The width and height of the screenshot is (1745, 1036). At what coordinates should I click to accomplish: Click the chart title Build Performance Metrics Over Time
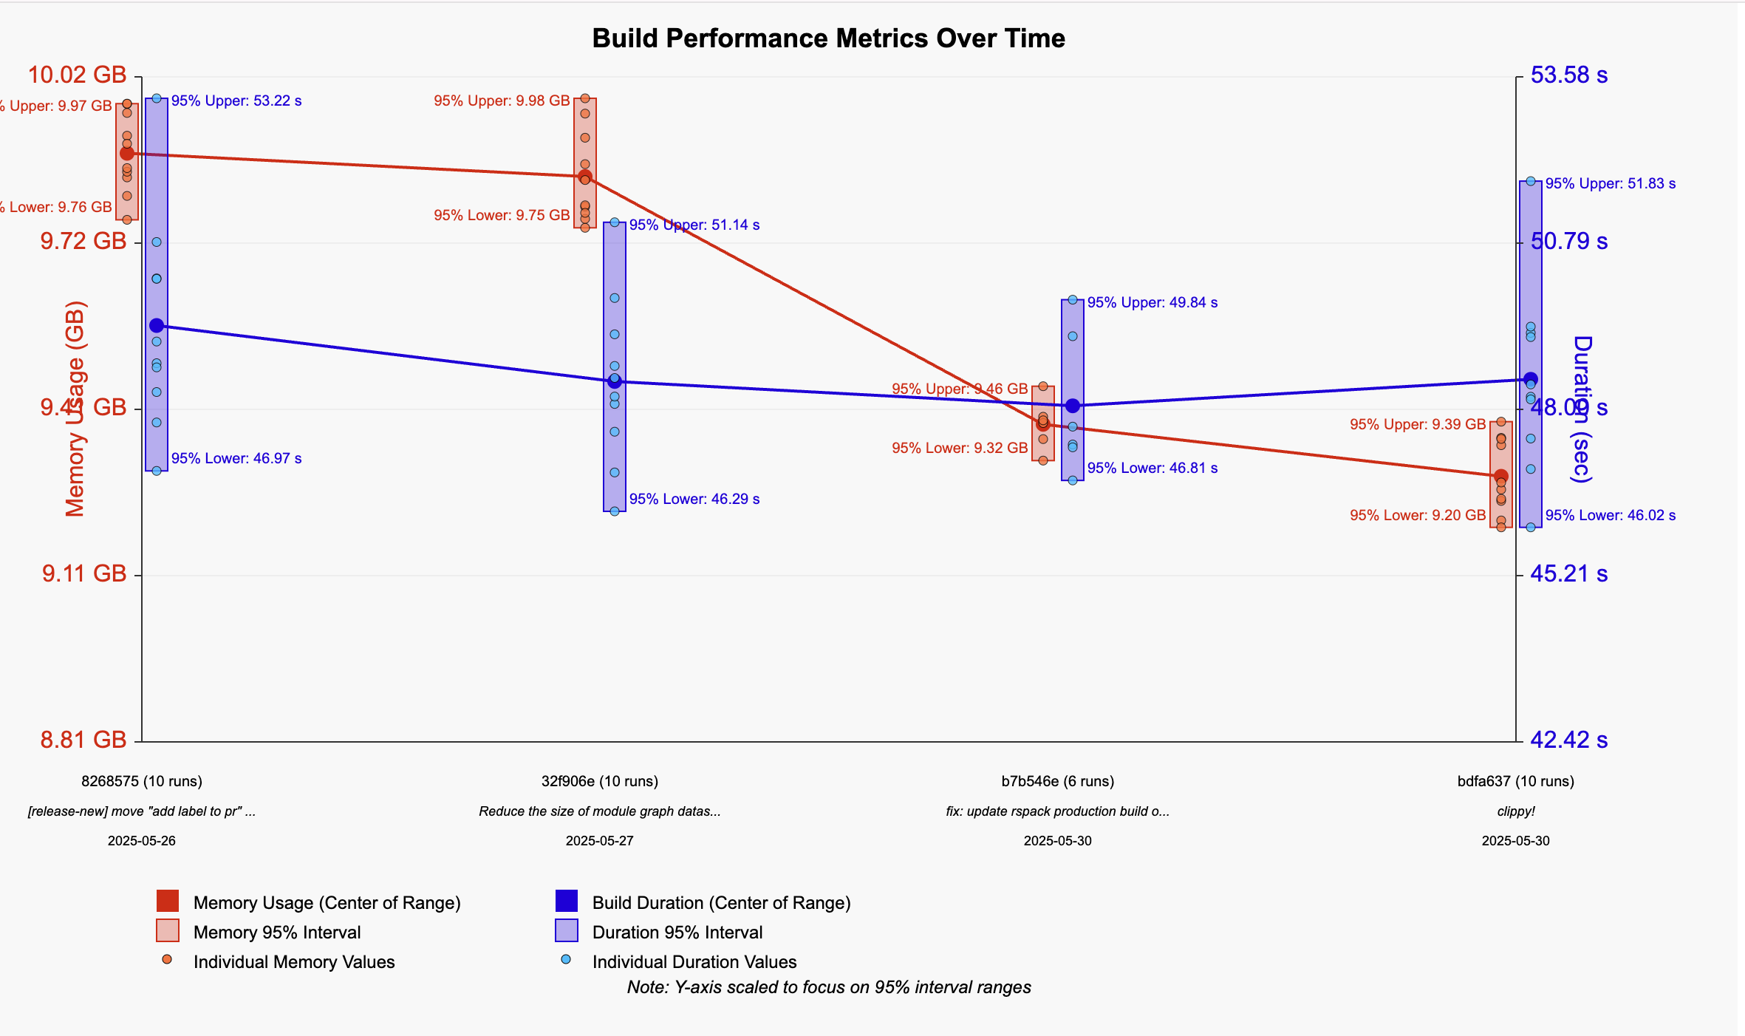tap(828, 38)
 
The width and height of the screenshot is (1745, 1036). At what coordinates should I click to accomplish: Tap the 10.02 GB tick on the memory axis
tap(78, 75)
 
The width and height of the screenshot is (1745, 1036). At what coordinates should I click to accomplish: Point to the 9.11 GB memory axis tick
tap(84, 573)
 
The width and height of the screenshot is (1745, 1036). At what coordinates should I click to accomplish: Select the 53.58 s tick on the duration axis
tap(1568, 75)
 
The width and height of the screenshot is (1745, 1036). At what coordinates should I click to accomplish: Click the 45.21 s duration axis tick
tap(1568, 573)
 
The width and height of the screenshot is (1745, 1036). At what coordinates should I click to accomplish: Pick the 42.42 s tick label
tap(1568, 740)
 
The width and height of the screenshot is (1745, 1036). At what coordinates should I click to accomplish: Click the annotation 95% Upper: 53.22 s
tap(236, 100)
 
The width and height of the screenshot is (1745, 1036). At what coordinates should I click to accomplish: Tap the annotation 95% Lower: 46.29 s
tap(694, 499)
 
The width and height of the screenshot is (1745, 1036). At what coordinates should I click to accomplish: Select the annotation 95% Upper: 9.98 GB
tap(502, 100)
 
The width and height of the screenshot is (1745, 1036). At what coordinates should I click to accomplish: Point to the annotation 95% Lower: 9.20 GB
tap(1418, 515)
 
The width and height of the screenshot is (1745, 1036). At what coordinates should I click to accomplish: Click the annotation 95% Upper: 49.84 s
tap(1152, 302)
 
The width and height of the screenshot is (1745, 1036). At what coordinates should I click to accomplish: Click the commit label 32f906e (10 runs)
tap(600, 781)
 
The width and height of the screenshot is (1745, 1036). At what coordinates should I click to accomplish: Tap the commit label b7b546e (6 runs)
tap(1058, 781)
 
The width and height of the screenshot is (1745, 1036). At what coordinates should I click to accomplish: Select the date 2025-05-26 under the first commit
tap(142, 841)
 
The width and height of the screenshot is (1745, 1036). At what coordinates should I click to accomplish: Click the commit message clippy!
tap(1516, 811)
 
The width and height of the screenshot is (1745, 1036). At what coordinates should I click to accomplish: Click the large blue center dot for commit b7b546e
tap(1073, 406)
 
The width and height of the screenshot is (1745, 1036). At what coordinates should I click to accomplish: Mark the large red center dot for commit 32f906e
tap(585, 177)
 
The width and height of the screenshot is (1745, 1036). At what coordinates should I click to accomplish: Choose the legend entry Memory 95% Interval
tap(277, 933)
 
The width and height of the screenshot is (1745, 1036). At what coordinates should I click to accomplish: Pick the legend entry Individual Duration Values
tap(694, 962)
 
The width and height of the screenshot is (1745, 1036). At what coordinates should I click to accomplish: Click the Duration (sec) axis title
tap(1582, 409)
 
